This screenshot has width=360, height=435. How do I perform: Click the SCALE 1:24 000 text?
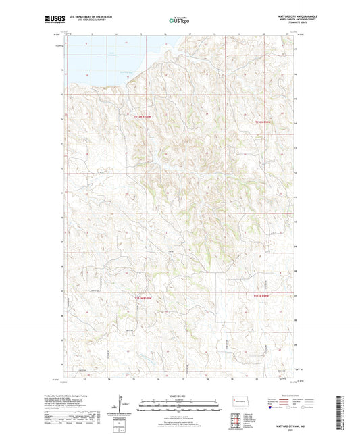(x=179, y=396)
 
